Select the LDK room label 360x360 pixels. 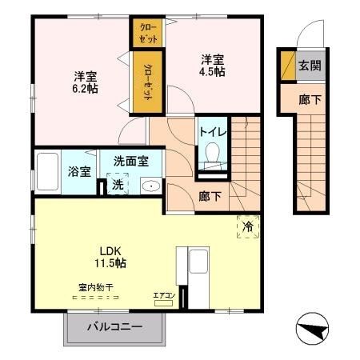coord(108,249)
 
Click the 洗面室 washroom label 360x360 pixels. coord(130,161)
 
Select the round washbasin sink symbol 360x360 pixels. coord(149,186)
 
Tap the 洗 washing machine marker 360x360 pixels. coord(117,185)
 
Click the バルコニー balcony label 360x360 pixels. coord(114,327)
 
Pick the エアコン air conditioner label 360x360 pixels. coord(165,297)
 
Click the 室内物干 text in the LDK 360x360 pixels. coord(94,287)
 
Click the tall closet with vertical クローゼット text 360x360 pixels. coord(148,80)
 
